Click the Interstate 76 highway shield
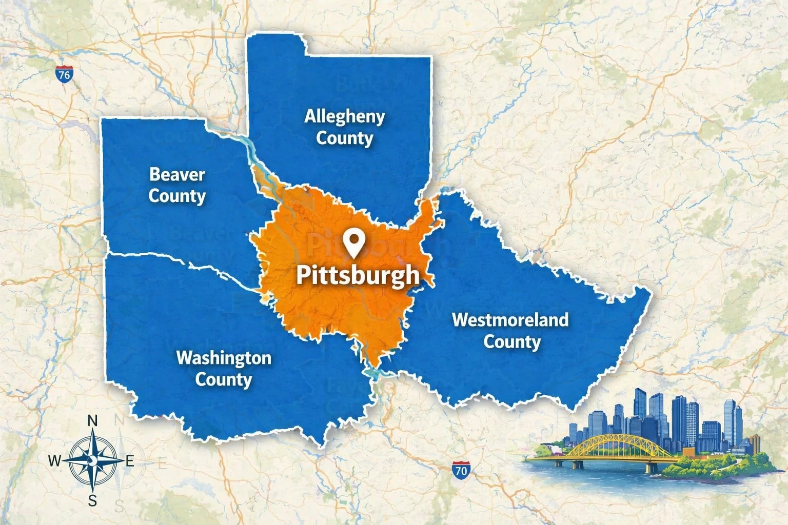pyautogui.click(x=64, y=75)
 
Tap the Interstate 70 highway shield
pyautogui.click(x=461, y=470)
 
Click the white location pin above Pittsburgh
pyautogui.click(x=354, y=243)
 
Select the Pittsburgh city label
pyautogui.click(x=358, y=275)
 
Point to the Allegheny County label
pyautogui.click(x=344, y=127)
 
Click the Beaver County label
pyautogui.click(x=177, y=185)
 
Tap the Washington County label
pyautogui.click(x=224, y=369)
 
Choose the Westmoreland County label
pyautogui.click(x=510, y=331)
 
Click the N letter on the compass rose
pyautogui.click(x=93, y=421)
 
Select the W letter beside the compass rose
pyautogui.click(x=54, y=461)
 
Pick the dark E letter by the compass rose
pyautogui.click(x=130, y=461)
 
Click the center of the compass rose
pyautogui.click(x=93, y=460)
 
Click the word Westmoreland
pyautogui.click(x=510, y=320)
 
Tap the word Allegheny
pyautogui.click(x=344, y=116)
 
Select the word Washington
pyautogui.click(x=224, y=358)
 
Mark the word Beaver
pyautogui.click(x=177, y=174)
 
